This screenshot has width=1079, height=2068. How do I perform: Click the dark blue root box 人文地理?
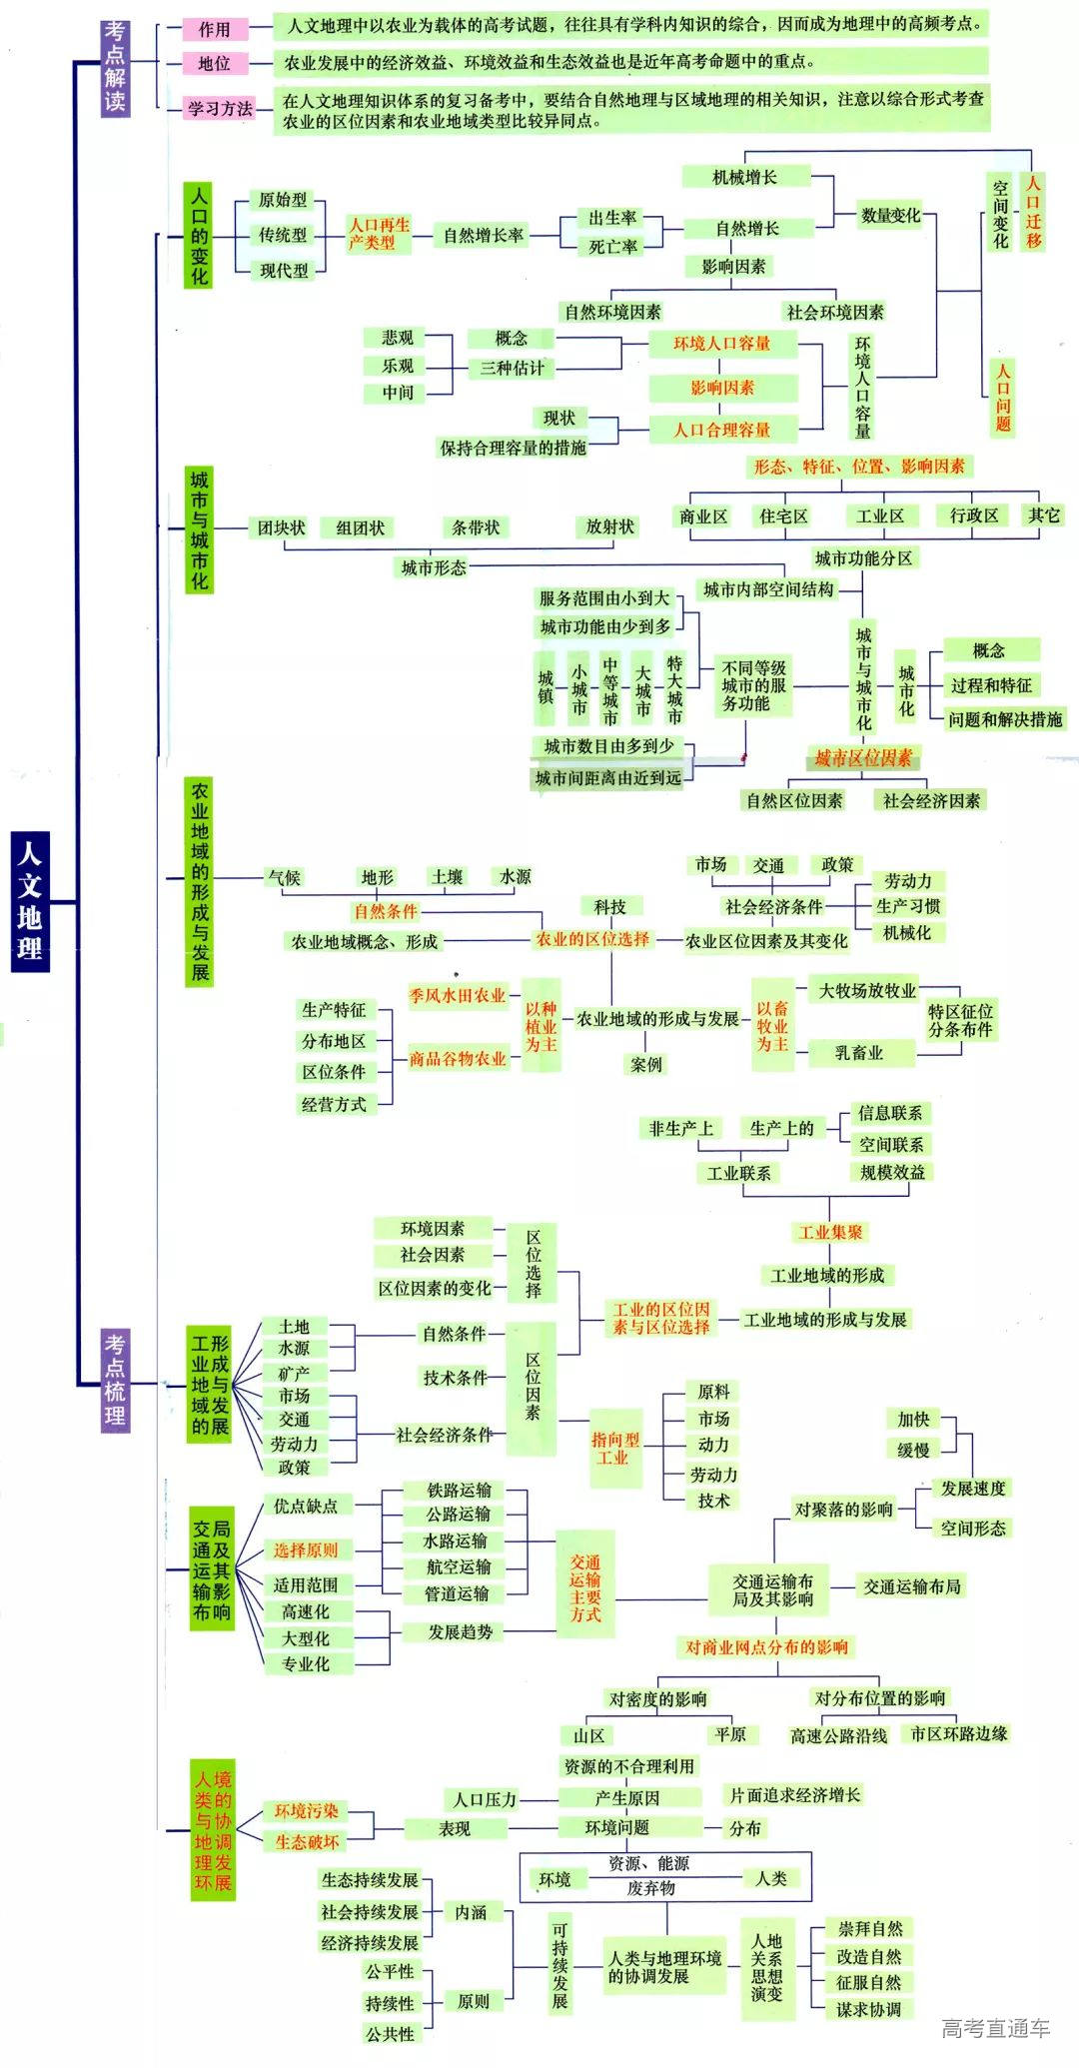[x=29, y=899]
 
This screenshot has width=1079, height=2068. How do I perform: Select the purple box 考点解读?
[x=116, y=67]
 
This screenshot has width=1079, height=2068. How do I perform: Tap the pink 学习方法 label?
[x=220, y=108]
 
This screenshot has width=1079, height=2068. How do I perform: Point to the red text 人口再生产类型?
[x=378, y=234]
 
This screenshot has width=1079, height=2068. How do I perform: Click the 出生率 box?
[x=611, y=218]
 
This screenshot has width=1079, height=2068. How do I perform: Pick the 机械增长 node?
[x=744, y=177]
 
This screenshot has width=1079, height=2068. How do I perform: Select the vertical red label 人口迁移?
[x=1033, y=212]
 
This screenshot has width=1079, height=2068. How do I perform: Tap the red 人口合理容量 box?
[x=721, y=430]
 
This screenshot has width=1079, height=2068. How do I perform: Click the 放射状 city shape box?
[x=609, y=526]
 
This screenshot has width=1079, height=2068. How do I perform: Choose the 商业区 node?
[x=703, y=516]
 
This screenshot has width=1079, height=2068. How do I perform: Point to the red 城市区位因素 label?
[x=863, y=758]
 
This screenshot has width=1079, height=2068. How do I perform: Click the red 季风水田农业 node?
[x=458, y=995]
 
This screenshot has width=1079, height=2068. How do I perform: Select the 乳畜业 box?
[x=859, y=1052]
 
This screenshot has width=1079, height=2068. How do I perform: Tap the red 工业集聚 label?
[x=830, y=1232]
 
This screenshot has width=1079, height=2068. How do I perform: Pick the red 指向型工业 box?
[x=614, y=1449]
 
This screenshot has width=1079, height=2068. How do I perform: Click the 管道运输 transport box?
[x=458, y=1593]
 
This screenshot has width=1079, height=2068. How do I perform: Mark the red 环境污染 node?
[x=307, y=1810]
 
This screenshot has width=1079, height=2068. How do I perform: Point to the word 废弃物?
[x=650, y=1888]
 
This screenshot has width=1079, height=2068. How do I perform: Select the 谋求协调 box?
[x=868, y=2009]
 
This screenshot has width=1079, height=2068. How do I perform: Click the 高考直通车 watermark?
[x=995, y=2029]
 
